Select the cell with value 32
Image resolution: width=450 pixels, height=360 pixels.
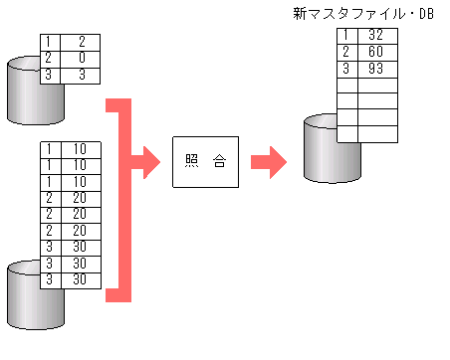[x=374, y=36]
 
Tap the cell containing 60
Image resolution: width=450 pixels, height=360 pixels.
[x=374, y=52]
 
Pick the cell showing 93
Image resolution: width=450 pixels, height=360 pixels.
[x=374, y=69]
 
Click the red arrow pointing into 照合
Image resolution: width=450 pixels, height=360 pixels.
[x=146, y=161]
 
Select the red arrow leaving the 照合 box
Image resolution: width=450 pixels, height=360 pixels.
[x=266, y=161]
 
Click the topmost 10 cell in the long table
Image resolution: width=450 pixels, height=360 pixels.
[x=80, y=149]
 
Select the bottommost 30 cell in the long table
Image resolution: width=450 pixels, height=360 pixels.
[x=80, y=280]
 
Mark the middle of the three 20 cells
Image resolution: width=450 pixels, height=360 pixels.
[x=80, y=215]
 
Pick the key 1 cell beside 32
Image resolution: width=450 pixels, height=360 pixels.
[x=345, y=36]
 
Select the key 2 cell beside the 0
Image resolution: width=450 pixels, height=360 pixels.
[x=49, y=58]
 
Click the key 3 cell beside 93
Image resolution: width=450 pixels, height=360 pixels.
[x=345, y=69]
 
